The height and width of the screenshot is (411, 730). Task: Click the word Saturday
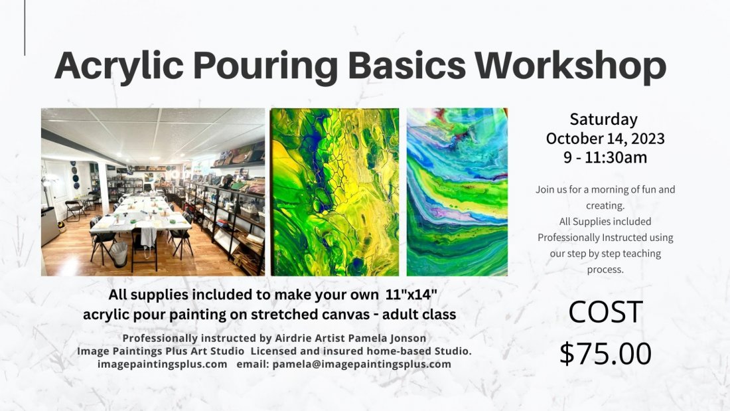click(604, 120)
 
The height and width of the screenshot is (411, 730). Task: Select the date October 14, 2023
click(605, 139)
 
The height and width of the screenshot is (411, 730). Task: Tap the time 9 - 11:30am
click(605, 158)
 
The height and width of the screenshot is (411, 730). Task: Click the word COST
click(605, 313)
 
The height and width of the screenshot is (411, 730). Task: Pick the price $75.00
click(605, 353)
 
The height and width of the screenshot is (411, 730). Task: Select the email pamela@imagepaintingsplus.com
click(362, 364)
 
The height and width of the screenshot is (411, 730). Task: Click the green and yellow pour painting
click(334, 192)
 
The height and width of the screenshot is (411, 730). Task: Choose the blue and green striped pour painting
click(457, 192)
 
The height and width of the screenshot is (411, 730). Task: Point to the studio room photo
click(153, 192)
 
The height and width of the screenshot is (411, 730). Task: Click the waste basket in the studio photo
click(119, 253)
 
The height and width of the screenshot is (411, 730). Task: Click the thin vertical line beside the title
click(25, 28)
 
